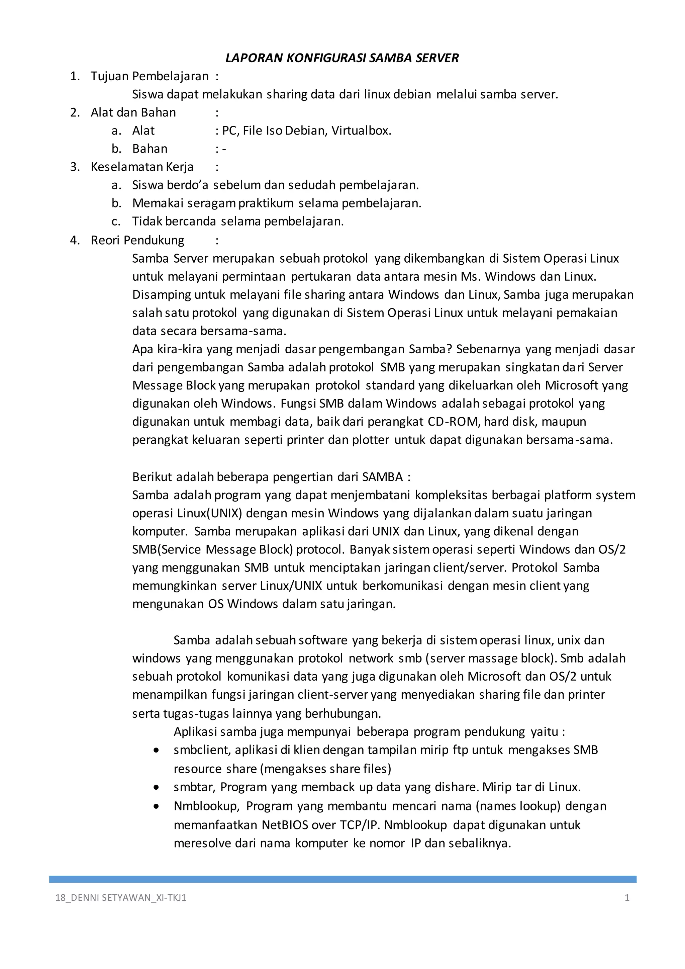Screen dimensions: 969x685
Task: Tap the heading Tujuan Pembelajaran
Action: coord(149,76)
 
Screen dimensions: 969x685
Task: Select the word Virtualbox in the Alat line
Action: coord(361,130)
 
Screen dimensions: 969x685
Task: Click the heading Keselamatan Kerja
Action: coord(142,167)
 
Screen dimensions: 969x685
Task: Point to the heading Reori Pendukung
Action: coord(137,240)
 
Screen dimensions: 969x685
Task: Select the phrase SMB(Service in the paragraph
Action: coord(166,549)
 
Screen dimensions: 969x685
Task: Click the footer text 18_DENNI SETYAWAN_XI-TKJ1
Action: coord(121,898)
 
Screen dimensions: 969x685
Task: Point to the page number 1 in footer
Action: coord(627,898)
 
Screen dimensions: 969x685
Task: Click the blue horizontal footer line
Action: coord(342,879)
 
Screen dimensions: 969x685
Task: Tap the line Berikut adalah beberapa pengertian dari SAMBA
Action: coord(271,476)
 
